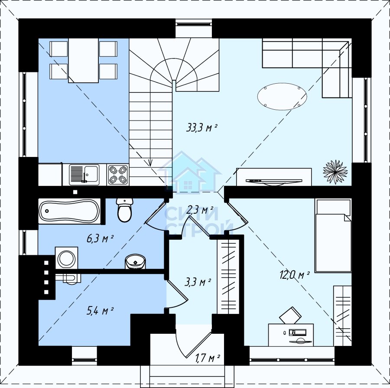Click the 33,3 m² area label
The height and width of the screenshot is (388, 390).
pyautogui.click(x=201, y=128)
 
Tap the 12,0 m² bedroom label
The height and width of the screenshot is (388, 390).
pyautogui.click(x=295, y=275)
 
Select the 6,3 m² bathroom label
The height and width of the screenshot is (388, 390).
pyautogui.click(x=100, y=238)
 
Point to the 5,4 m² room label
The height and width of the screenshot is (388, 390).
pyautogui.click(x=100, y=310)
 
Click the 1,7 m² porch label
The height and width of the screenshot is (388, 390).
pyautogui.click(x=207, y=358)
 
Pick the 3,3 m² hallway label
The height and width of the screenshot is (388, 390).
pyautogui.click(x=198, y=282)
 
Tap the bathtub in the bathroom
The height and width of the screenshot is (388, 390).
pyautogui.click(x=69, y=211)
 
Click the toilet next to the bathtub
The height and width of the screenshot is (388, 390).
pyautogui.click(x=125, y=210)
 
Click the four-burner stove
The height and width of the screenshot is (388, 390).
pyautogui.click(x=118, y=174)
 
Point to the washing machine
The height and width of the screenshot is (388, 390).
pyautogui.click(x=66, y=258)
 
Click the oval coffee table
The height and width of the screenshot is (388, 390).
pyautogui.click(x=282, y=96)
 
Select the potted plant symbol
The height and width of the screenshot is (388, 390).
pyautogui.click(x=335, y=172)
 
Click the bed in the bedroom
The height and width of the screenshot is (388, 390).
pyautogui.click(x=333, y=235)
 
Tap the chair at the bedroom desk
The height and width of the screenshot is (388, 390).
pyautogui.click(x=290, y=315)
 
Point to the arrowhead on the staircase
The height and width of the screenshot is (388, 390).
pyautogui.click(x=150, y=163)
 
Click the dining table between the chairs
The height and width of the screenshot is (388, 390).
pyautogui.click(x=83, y=61)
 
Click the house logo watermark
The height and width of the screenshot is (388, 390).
pyautogui.click(x=189, y=172)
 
